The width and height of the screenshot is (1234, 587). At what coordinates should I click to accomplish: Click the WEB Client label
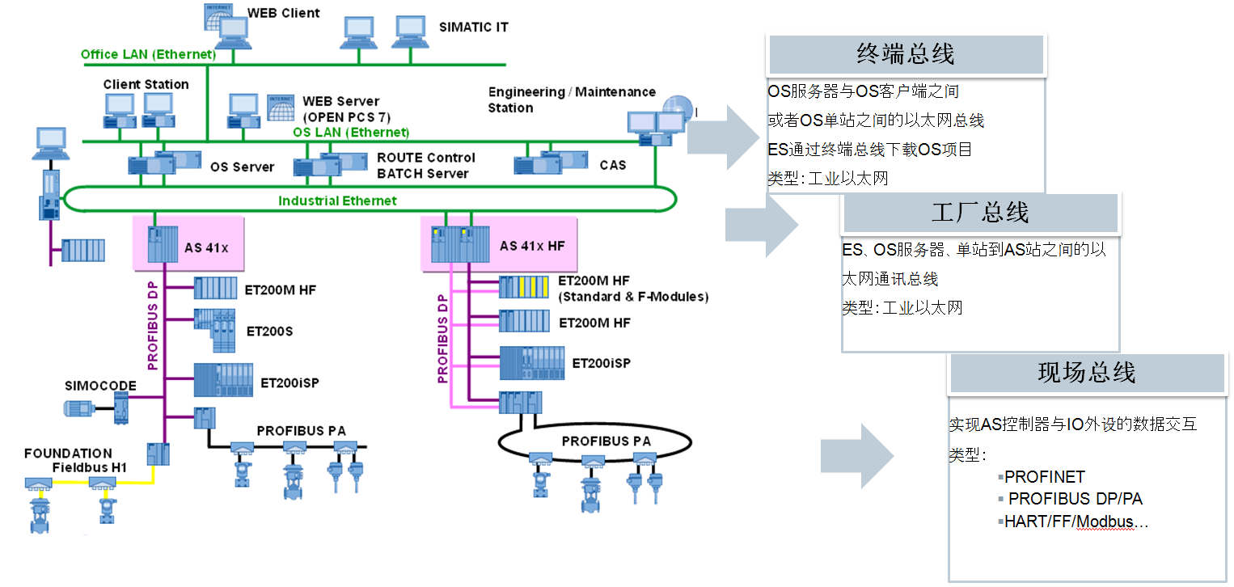[x=283, y=13]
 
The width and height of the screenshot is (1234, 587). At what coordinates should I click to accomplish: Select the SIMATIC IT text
[x=473, y=27]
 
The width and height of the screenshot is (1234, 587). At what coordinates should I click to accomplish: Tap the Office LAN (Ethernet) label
[x=148, y=55]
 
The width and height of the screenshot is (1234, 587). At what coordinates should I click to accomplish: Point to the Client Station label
[x=146, y=84]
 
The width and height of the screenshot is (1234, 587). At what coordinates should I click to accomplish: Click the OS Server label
[x=242, y=167]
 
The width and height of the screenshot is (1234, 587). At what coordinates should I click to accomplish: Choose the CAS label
[x=612, y=165]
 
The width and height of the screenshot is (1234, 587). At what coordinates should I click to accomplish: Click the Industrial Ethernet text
[x=338, y=200]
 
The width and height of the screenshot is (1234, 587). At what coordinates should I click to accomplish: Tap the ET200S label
[x=269, y=331]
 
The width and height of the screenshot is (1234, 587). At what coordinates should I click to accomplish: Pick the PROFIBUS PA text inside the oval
[x=606, y=441]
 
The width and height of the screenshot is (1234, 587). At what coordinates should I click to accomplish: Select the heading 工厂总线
[x=979, y=213]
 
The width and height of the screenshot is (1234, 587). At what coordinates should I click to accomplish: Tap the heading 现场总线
[x=1086, y=373]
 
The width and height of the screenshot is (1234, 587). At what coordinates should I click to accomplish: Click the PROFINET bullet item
[x=1044, y=477]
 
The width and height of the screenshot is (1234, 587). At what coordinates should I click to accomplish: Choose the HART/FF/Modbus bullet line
[x=1076, y=522]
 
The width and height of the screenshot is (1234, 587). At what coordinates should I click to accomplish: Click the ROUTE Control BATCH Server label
[x=425, y=166]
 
